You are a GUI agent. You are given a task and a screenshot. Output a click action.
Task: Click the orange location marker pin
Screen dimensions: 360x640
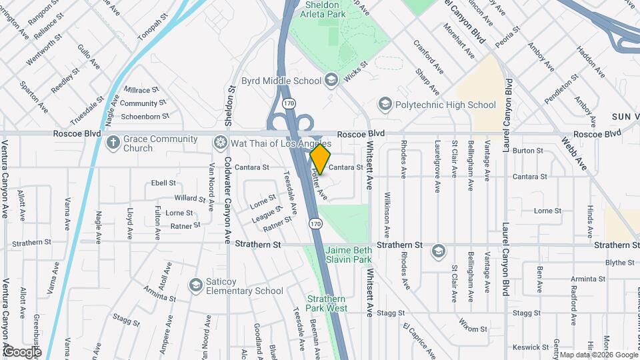point(320,159)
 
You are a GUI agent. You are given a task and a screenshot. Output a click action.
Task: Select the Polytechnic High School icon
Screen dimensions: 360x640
point(385,105)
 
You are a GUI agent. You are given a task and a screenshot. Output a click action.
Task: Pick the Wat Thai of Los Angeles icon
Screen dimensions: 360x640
point(220,143)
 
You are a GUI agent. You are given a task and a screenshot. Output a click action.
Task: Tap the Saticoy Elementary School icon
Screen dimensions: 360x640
point(195,285)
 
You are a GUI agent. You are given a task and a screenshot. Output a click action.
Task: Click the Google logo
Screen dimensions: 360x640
point(22,351)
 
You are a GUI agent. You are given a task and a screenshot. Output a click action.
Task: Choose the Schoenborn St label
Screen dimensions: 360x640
point(145,117)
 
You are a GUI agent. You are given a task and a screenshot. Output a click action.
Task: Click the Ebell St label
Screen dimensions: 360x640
point(163,183)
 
